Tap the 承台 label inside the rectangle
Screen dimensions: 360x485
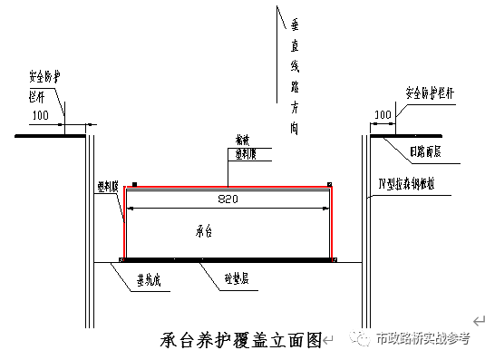pos(204,231)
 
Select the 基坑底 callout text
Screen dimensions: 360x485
pos(150,278)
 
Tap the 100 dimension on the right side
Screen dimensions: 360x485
pos(383,115)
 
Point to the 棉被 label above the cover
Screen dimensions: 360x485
pos(242,141)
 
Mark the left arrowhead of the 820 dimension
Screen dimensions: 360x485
pos(130,209)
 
